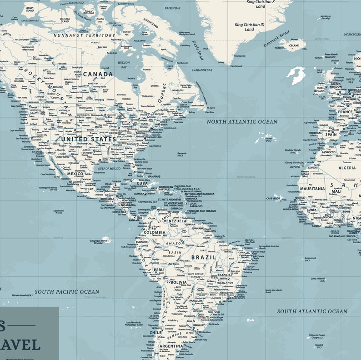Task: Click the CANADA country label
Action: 97,74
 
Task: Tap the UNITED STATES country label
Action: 89,139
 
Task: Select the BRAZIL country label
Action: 203,257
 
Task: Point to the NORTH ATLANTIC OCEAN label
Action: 242,122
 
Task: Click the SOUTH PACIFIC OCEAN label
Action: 67,291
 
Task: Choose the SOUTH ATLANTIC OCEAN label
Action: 312,311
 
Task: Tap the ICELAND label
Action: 294,45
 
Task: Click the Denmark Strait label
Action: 276,38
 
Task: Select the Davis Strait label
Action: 197,50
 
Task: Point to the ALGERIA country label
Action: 347,168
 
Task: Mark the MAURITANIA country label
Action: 312,188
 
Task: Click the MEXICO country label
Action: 75,174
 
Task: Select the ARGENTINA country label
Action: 171,346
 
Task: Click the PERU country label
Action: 159,270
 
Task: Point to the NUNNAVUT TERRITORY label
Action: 85,35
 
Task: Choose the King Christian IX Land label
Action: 250,27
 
